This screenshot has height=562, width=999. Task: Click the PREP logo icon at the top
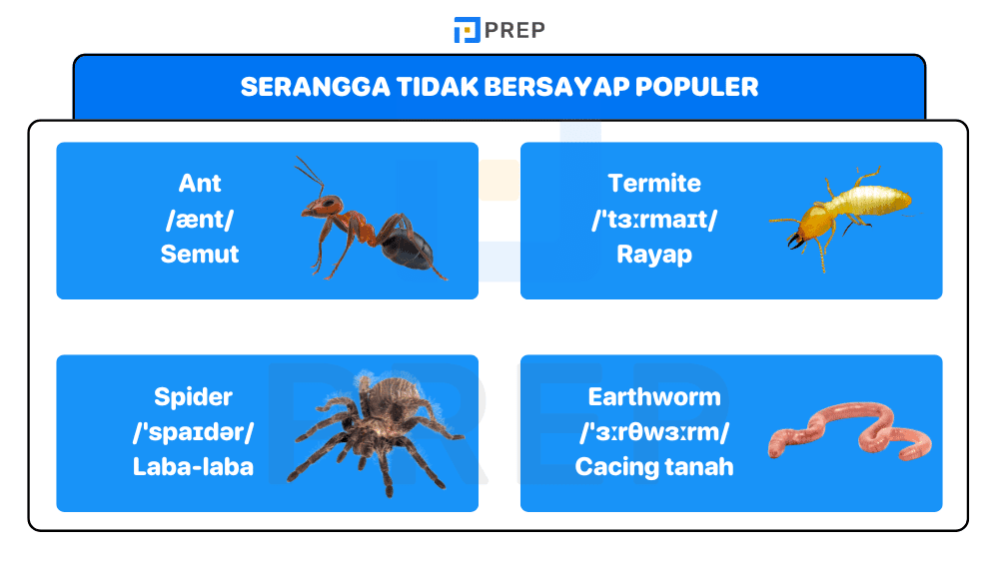pyautogui.click(x=467, y=30)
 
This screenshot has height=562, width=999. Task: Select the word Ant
pyautogui.click(x=200, y=184)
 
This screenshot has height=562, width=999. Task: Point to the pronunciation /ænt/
pyautogui.click(x=200, y=219)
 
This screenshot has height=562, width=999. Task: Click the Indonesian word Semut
pyautogui.click(x=200, y=254)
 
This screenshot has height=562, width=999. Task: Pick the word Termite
pyautogui.click(x=654, y=184)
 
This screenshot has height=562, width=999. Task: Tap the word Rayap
pyautogui.click(x=654, y=254)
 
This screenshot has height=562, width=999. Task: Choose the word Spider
pyautogui.click(x=193, y=396)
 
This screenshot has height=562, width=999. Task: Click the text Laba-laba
pyautogui.click(x=193, y=466)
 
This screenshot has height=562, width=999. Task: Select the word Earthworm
pyautogui.click(x=654, y=396)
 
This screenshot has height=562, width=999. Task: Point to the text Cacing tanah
pyautogui.click(x=654, y=466)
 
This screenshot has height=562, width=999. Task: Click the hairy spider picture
pyautogui.click(x=376, y=429)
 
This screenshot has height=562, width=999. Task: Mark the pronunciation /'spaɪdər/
pyautogui.click(x=193, y=431)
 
